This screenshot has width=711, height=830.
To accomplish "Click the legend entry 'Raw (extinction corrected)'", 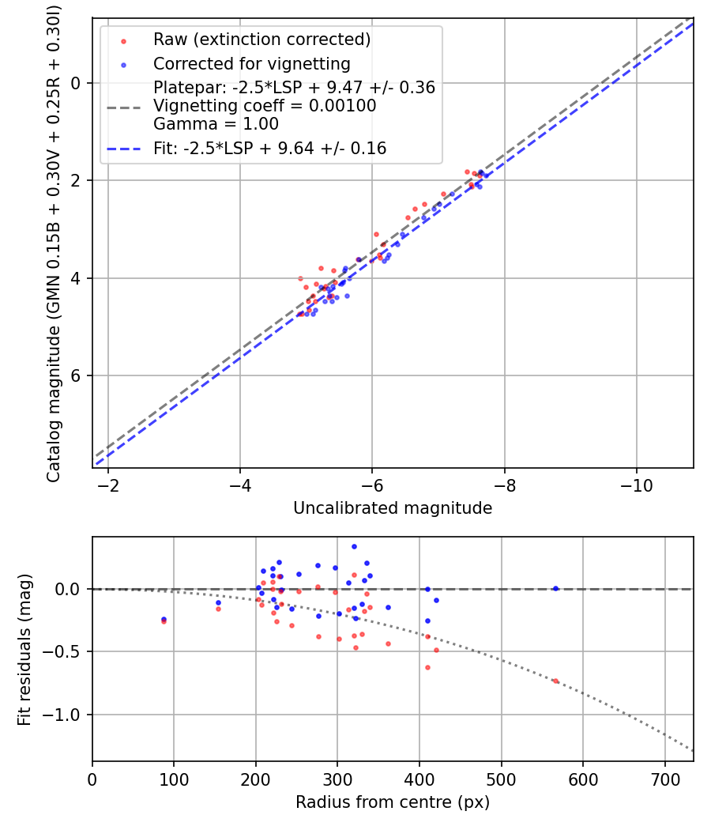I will coord(261,40).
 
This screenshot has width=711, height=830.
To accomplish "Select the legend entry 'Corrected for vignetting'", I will coord(251,64).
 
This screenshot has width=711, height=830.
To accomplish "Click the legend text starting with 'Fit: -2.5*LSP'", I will coord(269,149).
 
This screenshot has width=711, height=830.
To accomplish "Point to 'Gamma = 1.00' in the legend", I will coord(216,124).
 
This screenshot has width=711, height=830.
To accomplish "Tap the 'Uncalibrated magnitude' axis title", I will coord(393,508).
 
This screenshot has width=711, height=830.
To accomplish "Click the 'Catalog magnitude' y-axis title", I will coord(54,242).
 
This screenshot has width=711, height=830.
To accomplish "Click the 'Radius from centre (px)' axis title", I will coord(393,802).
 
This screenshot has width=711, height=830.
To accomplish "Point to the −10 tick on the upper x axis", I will coord(636,485).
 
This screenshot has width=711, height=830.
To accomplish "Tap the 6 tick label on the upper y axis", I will coord(77,375).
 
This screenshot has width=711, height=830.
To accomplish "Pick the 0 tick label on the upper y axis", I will coord(77,83).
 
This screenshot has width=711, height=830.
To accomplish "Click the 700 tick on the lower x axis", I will coord(664,779).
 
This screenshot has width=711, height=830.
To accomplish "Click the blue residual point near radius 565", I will coord(555,588).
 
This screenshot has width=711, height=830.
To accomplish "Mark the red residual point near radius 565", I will coord(555,681).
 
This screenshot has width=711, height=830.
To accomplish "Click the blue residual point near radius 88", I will coord(164,619).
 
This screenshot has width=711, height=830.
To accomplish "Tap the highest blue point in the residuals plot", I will coord(354,546).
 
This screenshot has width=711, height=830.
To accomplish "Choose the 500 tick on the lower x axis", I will coord(501,779).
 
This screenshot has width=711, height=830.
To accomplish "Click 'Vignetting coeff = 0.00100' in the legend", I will coord(265,106).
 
